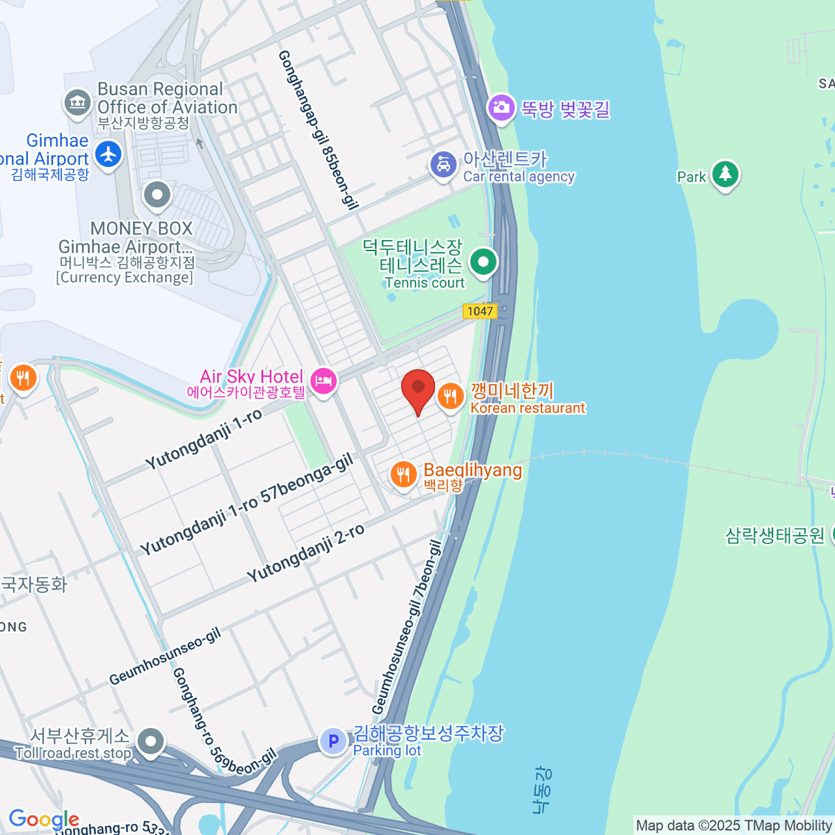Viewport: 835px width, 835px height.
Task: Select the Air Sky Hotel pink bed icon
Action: tap(324, 381)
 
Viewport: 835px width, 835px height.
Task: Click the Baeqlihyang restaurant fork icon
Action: tap(403, 475)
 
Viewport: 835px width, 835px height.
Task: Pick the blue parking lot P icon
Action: tap(333, 741)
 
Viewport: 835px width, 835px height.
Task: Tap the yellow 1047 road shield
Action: tap(480, 311)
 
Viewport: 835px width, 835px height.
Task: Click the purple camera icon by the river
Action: tap(500, 107)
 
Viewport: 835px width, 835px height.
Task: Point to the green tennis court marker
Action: tap(483, 263)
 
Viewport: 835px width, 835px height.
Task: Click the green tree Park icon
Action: tap(725, 173)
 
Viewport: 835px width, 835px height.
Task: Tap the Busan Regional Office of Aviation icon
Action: tap(77, 103)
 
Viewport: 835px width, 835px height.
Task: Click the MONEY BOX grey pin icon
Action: tap(157, 196)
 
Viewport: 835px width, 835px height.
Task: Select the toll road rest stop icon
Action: tap(150, 742)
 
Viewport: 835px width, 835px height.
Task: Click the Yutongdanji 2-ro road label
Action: tap(305, 553)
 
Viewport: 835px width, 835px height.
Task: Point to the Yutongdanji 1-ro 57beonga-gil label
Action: tap(246, 504)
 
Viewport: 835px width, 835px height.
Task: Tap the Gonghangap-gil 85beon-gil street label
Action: tap(318, 129)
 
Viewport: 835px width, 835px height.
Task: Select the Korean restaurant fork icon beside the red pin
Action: tap(450, 397)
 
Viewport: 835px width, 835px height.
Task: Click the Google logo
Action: tap(43, 819)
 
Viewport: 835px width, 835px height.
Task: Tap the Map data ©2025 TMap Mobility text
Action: tap(733, 825)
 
